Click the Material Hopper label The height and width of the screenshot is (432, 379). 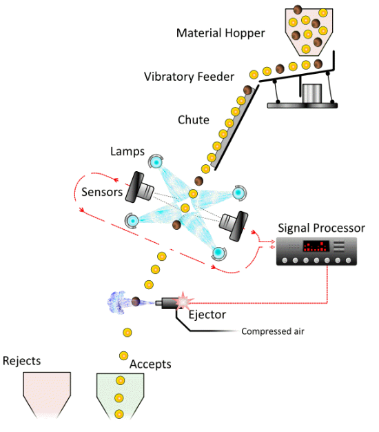click(221, 33)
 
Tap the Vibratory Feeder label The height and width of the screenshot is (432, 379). click(189, 77)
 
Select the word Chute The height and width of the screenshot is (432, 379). click(194, 120)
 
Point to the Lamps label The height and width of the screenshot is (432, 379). click(127, 152)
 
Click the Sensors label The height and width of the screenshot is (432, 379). click(102, 192)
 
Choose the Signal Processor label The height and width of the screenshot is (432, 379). click(322, 228)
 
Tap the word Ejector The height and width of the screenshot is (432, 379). click(207, 315)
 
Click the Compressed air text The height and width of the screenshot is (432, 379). click(273, 331)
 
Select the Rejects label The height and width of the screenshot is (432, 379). click(22, 361)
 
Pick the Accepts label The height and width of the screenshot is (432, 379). click(150, 364)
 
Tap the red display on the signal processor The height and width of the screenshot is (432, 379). click(316, 246)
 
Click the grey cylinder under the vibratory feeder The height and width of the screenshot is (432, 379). click(312, 94)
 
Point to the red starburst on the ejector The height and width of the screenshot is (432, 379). click(183, 302)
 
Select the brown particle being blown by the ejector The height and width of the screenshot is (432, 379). click(136, 302)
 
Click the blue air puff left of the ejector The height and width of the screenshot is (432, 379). click(116, 302)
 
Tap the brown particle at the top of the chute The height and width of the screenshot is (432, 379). click(247, 90)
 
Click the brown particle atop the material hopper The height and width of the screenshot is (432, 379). click(298, 10)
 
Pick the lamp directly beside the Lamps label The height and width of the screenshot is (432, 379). click(156, 161)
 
